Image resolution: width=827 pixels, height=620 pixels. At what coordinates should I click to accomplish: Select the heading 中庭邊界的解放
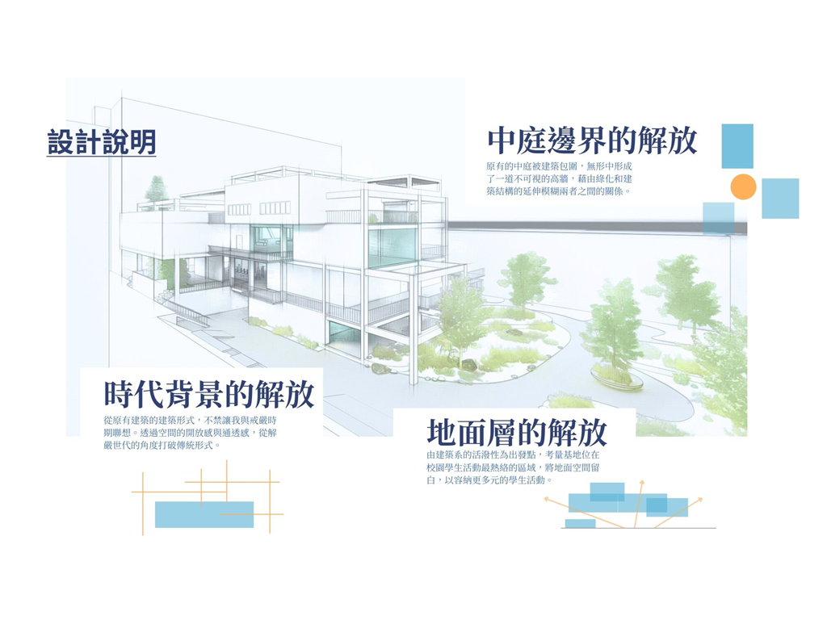pyautogui.click(x=592, y=140)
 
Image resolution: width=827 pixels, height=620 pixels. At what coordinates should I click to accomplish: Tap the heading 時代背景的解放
pyautogui.click(x=208, y=395)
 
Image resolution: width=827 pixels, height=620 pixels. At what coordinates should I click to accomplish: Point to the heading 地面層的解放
pyautogui.click(x=517, y=434)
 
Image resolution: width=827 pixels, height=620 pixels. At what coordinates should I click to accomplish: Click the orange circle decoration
pyautogui.click(x=743, y=187)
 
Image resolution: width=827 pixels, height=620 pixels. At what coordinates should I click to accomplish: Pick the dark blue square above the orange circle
pyautogui.click(x=737, y=145)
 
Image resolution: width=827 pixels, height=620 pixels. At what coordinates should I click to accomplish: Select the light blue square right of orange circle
pyautogui.click(x=780, y=199)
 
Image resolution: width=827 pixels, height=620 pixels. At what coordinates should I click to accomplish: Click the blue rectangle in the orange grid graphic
pyautogui.click(x=204, y=514)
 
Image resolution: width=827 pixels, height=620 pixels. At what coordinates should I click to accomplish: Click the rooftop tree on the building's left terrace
pyautogui.click(x=155, y=191)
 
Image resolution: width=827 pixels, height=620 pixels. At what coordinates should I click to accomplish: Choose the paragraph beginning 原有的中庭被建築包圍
pyautogui.click(x=559, y=178)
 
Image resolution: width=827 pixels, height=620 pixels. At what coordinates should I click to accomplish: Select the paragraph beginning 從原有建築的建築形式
pyautogui.click(x=190, y=433)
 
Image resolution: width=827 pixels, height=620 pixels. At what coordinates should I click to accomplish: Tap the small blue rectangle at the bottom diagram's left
pyautogui.click(x=580, y=524)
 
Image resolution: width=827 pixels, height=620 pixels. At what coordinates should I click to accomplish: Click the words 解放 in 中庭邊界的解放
pyautogui.click(x=666, y=140)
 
